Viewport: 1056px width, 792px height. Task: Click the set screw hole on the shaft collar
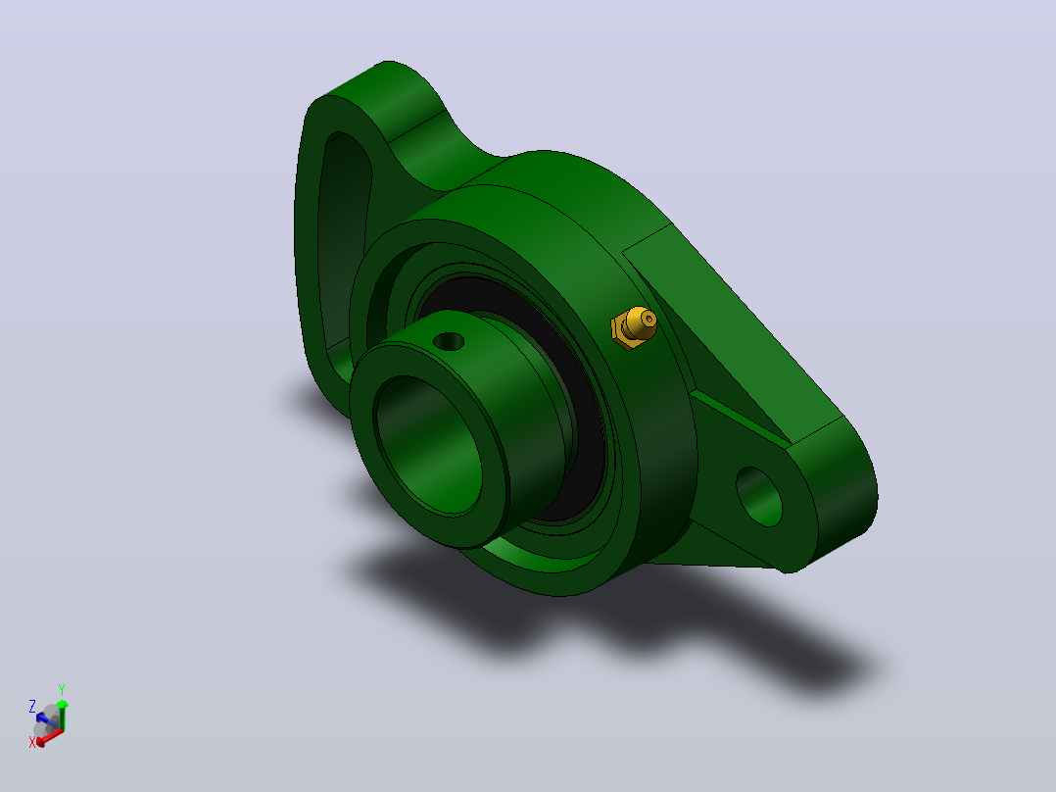[x=449, y=342]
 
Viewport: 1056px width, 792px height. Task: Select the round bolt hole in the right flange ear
[x=759, y=496]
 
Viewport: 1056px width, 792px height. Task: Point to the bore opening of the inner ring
[x=428, y=445]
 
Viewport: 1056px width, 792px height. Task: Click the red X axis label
[x=31, y=742]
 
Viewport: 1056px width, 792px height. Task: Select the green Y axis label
[x=62, y=690]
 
